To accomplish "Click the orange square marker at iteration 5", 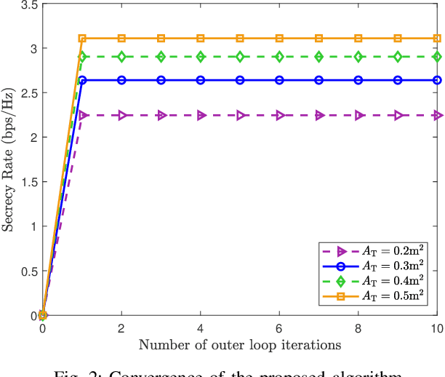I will [240, 38].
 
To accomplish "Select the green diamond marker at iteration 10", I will [437, 56].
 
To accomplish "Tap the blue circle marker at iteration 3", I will [161, 80].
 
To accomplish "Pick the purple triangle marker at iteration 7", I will [318, 115].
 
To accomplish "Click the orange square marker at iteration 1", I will [82, 38].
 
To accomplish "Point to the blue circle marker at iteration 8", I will [358, 80].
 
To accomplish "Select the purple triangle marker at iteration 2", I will [121, 115].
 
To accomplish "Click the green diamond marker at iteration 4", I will [201, 56].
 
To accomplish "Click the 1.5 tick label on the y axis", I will [28, 182].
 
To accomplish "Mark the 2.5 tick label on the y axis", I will [28, 93].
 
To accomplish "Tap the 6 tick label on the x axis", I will [279, 329].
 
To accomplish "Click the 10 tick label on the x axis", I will [436, 329].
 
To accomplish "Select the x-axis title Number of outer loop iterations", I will [239, 344].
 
